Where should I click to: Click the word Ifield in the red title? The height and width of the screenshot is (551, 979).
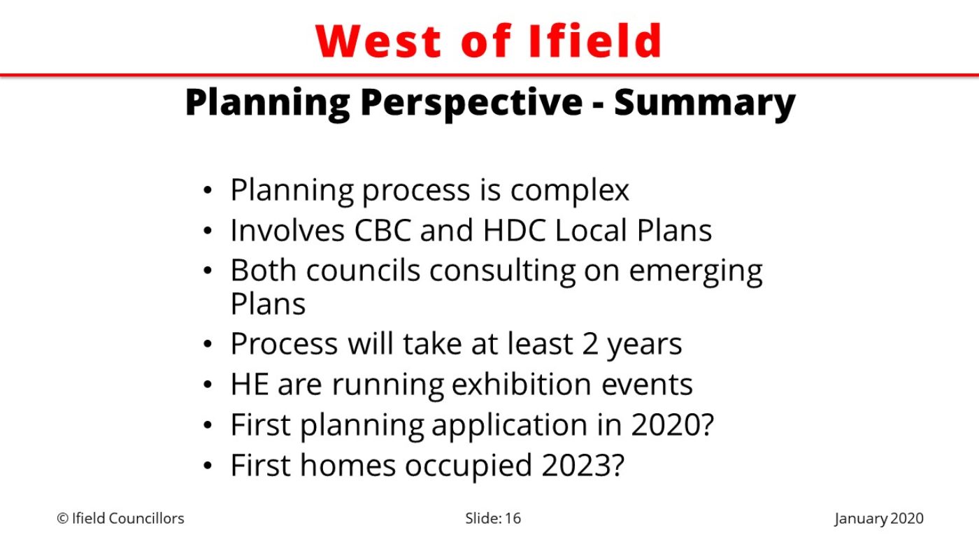pos(595,41)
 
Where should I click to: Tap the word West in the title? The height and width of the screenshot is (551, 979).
pos(378,41)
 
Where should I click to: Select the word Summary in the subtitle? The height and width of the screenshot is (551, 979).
pos(705,103)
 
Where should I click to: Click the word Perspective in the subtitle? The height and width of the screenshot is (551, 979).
pos(471,103)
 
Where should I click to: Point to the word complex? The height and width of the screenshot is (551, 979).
pos(569,190)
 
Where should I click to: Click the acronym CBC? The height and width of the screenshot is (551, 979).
pos(383,230)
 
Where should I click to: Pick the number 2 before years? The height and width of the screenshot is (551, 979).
pos(589,344)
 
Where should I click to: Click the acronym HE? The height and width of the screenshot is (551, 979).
pos(249,384)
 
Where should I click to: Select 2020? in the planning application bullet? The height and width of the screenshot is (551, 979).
pos(672,424)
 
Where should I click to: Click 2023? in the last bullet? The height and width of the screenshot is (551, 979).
pos(583,465)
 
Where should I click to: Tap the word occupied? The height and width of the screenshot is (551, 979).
pos(468,466)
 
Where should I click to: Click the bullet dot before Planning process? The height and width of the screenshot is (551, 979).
pos(208,190)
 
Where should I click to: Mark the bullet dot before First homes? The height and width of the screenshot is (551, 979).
pos(208,466)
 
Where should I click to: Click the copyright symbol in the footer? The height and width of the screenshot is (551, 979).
pos(62,518)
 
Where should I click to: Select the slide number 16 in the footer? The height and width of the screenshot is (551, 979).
pos(513,518)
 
